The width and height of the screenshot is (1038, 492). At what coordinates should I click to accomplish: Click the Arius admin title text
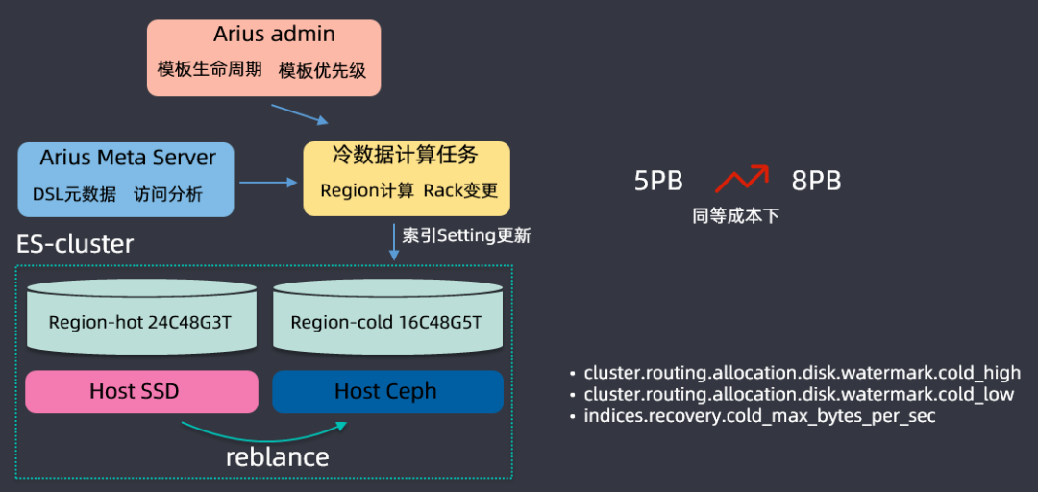click(x=274, y=35)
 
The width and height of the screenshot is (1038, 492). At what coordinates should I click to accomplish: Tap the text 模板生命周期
click(x=210, y=69)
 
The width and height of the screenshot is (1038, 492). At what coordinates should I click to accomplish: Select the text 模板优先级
click(x=322, y=70)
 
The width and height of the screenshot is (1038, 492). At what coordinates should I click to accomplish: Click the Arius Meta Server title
click(x=128, y=158)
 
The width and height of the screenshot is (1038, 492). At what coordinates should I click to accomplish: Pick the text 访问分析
click(x=168, y=194)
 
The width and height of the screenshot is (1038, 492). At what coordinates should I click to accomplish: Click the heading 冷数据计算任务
click(x=405, y=156)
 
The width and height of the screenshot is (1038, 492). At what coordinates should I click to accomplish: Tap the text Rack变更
click(x=460, y=190)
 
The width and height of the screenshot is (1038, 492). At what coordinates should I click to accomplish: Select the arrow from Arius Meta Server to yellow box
click(x=268, y=182)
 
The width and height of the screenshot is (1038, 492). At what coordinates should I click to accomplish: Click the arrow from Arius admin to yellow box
click(x=299, y=114)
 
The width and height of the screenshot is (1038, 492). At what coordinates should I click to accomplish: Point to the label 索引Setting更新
click(x=466, y=235)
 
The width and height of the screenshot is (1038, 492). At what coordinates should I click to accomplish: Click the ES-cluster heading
click(x=75, y=244)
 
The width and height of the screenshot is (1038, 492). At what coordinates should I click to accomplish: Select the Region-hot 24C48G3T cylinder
click(x=140, y=317)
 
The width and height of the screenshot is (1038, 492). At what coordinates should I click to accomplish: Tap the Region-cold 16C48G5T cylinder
click(x=386, y=317)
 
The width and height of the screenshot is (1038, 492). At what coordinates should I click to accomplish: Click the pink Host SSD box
click(x=141, y=391)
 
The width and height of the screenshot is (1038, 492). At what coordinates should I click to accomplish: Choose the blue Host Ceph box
click(x=386, y=391)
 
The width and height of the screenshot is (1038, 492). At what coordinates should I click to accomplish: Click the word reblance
click(x=277, y=456)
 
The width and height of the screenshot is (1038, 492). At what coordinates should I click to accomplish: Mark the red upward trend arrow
click(x=741, y=178)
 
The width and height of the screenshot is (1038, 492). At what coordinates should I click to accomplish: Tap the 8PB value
click(x=816, y=181)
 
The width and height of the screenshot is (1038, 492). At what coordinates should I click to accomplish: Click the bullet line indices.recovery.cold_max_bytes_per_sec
click(x=759, y=416)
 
